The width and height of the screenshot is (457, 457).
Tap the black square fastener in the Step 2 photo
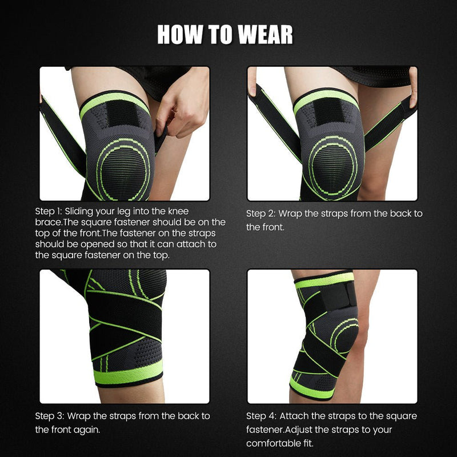(327, 111)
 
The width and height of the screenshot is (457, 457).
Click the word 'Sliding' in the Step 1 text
(83, 211)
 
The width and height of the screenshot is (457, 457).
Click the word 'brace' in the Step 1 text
(47, 222)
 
